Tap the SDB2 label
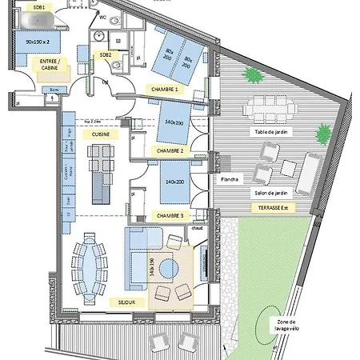tap(105, 54)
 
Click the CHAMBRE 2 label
tap(170, 151)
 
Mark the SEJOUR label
tap(135, 302)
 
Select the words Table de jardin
tap(270, 131)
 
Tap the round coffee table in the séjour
tap(167, 267)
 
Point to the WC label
tap(102, 16)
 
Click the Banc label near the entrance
tap(32, 90)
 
